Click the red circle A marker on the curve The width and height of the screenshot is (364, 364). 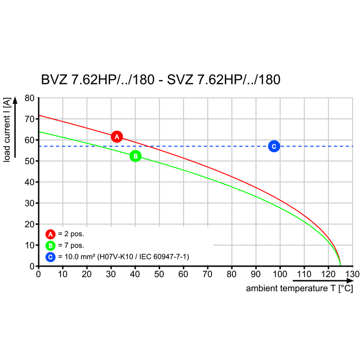click(117, 136)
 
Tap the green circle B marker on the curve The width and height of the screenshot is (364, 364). click(136, 156)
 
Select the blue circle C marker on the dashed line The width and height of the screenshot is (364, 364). click(273, 146)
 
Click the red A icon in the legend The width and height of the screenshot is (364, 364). click(51, 234)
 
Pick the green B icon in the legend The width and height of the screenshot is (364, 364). click(51, 246)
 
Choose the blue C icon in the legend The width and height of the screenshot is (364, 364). click(51, 257)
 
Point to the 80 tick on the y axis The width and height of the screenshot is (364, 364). click(29, 98)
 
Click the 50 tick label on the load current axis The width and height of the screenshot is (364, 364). click(29, 161)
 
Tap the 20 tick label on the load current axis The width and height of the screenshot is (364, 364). click(29, 224)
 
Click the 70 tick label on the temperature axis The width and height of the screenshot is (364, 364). click(207, 274)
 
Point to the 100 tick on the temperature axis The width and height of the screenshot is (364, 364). click(280, 274)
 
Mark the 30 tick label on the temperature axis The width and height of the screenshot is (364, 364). click(111, 274)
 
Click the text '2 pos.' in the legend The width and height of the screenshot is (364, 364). click(74, 234)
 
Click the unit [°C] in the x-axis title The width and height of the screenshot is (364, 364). click(345, 288)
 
